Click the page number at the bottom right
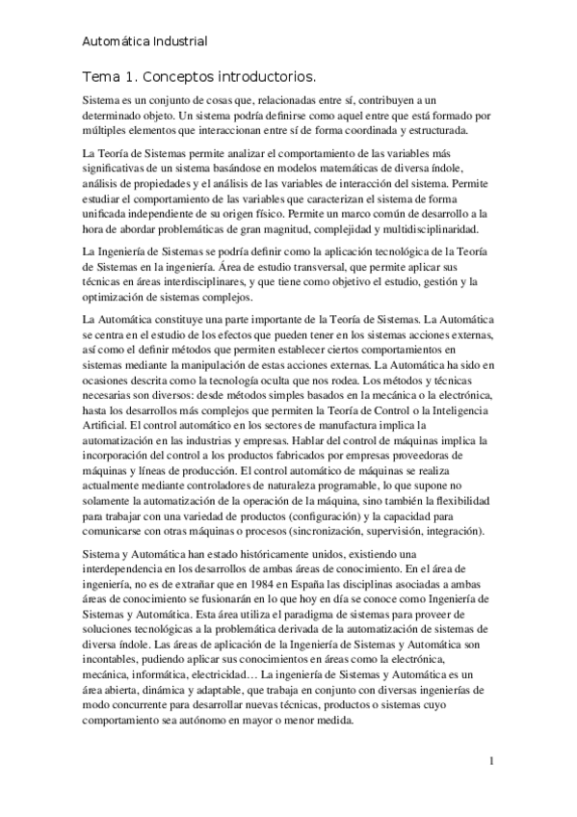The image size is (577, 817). (x=492, y=762)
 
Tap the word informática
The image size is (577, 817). (x=169, y=664)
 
